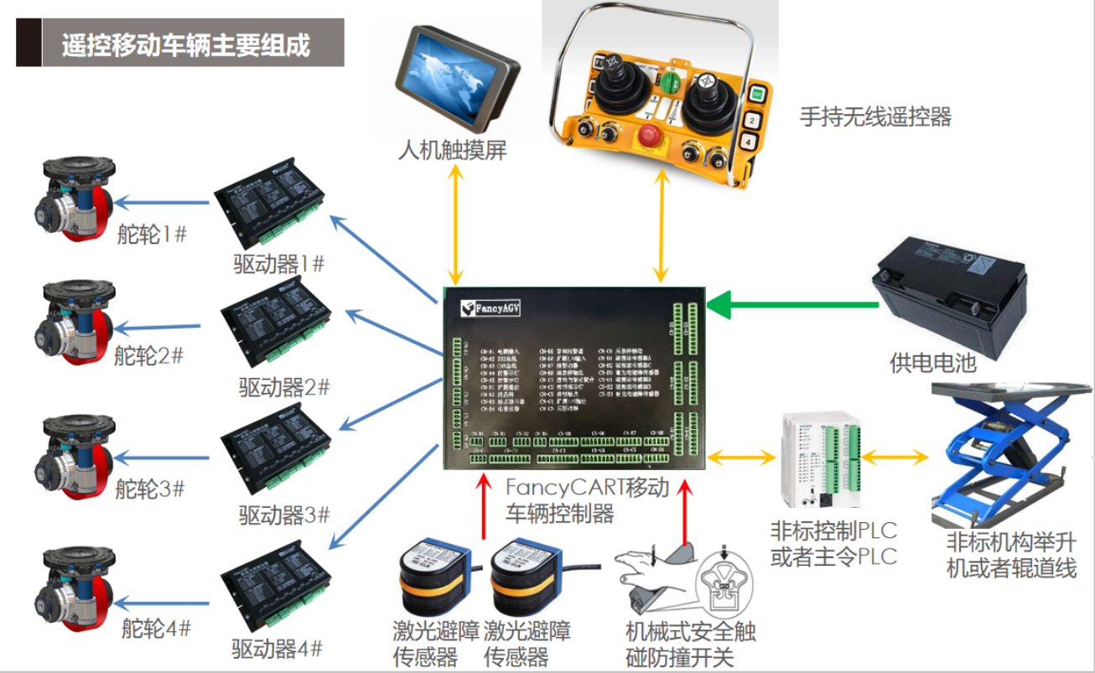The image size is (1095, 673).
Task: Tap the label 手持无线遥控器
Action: tap(875, 116)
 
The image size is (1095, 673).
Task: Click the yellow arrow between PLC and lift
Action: tap(896, 458)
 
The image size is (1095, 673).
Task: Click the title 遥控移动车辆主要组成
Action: tap(186, 44)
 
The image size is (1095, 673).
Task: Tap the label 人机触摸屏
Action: tap(452, 150)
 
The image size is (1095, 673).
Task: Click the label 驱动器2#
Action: tap(283, 388)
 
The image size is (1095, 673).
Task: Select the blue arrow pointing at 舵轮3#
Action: tap(163, 458)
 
